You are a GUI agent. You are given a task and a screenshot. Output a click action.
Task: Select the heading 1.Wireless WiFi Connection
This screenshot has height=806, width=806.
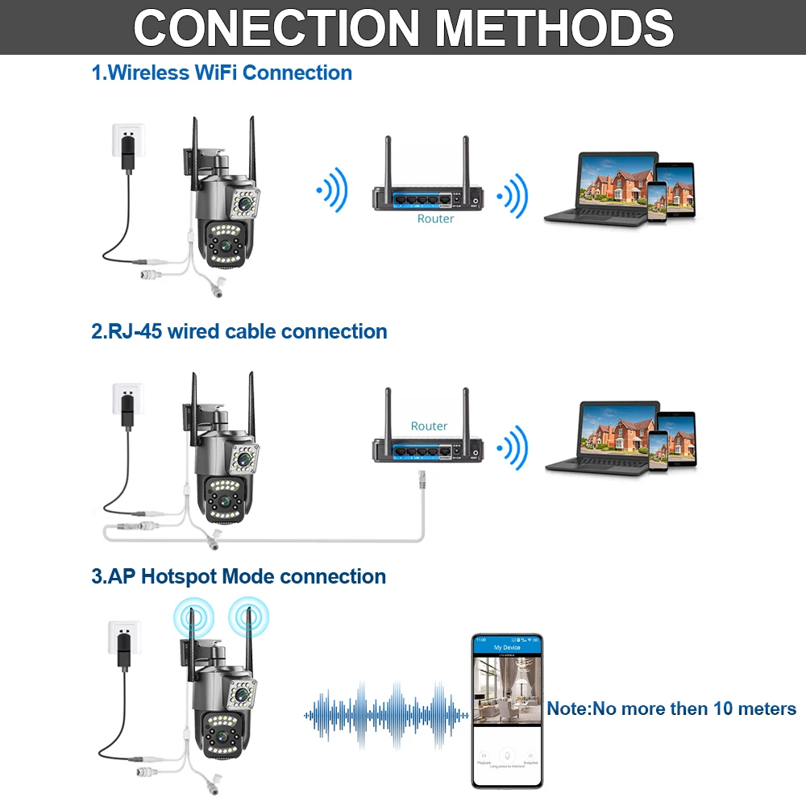click(x=222, y=73)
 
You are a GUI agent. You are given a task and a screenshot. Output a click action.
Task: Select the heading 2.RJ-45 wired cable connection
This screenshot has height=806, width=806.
click(x=239, y=331)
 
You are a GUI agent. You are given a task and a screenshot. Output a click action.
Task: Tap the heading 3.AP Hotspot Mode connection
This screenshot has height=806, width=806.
click(x=239, y=576)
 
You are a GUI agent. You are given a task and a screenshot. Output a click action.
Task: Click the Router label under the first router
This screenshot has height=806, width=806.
click(x=435, y=218)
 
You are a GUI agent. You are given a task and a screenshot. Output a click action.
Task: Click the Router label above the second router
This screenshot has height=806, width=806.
click(x=429, y=426)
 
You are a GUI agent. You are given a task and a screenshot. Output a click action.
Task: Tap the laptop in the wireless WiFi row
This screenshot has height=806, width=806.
click(x=600, y=189)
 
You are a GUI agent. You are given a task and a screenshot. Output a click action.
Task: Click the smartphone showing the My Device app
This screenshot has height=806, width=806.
click(x=507, y=710)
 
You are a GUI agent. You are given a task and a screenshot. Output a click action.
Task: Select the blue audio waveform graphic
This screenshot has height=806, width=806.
click(x=386, y=713)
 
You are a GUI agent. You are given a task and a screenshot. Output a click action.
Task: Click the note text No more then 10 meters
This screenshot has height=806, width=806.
click(x=671, y=709)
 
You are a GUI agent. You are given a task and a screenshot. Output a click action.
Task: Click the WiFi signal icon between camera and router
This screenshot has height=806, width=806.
click(x=331, y=192)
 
